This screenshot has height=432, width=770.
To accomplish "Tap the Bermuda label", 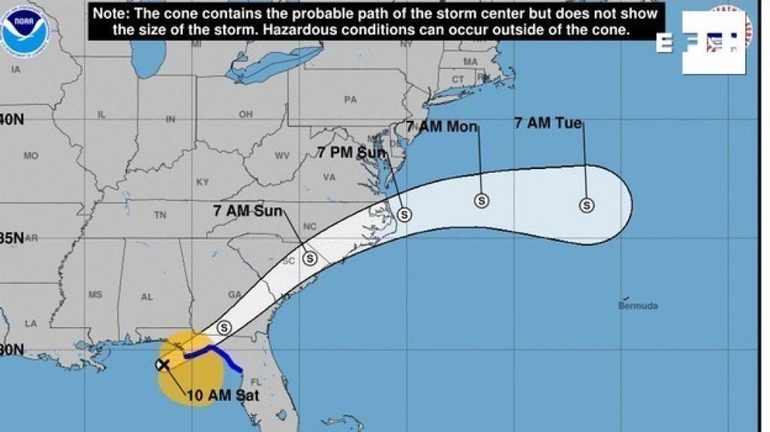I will [x=638, y=306].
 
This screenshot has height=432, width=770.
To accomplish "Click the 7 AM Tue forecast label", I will [x=548, y=123].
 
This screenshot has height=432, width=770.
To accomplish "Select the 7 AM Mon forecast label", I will [x=442, y=126].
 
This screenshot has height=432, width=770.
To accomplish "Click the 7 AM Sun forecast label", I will [x=248, y=210].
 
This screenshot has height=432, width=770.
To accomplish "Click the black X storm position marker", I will [x=162, y=365].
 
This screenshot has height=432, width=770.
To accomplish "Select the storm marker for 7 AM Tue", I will [x=586, y=204].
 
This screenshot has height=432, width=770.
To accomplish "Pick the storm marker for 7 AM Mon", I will [x=481, y=201].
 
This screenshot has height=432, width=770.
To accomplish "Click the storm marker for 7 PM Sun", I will [x=404, y=215].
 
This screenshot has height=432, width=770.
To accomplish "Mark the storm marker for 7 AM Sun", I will [x=309, y=258].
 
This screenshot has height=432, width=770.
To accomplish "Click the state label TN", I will [x=159, y=215].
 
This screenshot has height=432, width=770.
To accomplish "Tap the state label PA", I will [x=350, y=99].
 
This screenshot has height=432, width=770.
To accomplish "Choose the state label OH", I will [x=245, y=115].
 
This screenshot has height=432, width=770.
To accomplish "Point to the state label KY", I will [x=202, y=182].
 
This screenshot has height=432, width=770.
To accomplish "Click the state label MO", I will [x=31, y=156].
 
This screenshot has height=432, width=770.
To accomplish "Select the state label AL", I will [x=147, y=297].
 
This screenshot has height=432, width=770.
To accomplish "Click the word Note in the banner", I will [x=109, y=14].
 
